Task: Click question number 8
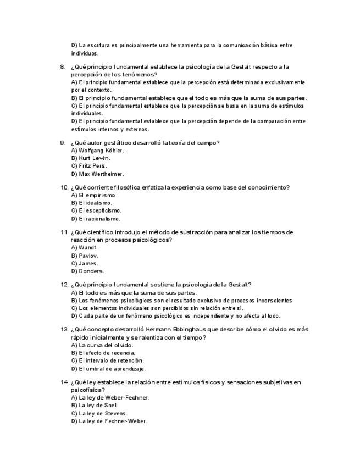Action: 63,67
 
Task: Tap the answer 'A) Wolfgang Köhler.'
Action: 97,151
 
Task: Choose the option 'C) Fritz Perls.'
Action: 89,166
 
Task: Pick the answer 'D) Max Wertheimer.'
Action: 97,174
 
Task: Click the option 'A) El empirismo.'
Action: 94,195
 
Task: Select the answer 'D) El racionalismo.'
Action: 96,219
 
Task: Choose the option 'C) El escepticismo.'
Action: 96,210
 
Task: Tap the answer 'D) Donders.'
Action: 87,271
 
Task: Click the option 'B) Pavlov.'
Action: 85,256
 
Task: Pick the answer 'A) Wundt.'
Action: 84,248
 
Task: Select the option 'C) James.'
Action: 84,263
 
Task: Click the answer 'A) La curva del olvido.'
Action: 102,345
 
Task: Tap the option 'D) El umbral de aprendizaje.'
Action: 108,369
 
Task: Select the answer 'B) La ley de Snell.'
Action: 95,406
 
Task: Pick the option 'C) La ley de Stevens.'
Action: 99,413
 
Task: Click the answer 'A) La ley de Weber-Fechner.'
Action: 110,397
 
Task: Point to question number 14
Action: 64,382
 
